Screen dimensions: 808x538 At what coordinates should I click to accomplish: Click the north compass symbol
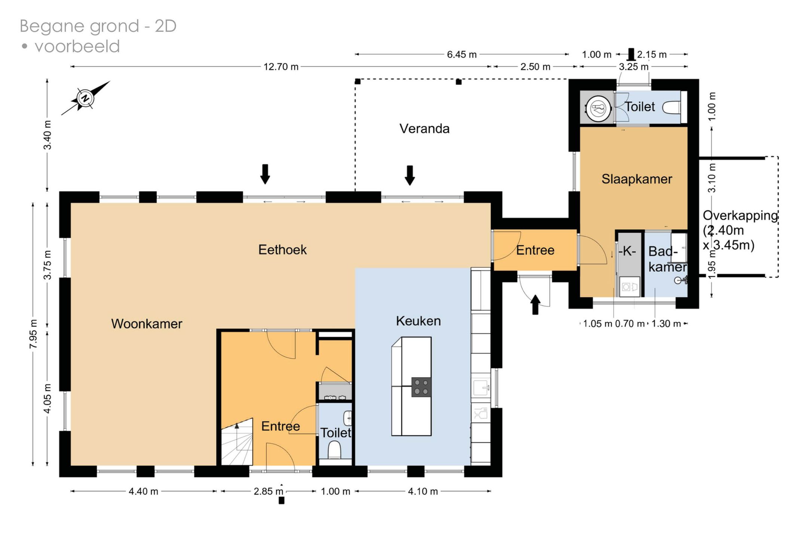pyautogui.click(x=85, y=98)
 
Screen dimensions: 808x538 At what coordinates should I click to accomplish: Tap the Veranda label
pyautogui.click(x=424, y=129)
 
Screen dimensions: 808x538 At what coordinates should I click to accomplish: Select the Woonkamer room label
pyautogui.click(x=147, y=324)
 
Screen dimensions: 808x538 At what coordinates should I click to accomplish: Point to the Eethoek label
pyautogui.click(x=282, y=250)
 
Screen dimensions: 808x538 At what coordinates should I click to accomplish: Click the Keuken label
pyautogui.click(x=418, y=321)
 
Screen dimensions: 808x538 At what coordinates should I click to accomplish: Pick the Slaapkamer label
pyautogui.click(x=637, y=179)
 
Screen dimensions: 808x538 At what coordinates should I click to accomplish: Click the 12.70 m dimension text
pyautogui.click(x=281, y=67)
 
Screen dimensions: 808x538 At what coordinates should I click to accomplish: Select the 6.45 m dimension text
pyautogui.click(x=462, y=55)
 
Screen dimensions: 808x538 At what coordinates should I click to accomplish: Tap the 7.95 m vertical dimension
pyautogui.click(x=33, y=334)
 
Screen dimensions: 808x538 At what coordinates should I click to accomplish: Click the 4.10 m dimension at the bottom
pyautogui.click(x=423, y=491)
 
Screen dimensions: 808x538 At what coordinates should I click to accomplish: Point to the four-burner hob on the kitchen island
pyautogui.click(x=421, y=387)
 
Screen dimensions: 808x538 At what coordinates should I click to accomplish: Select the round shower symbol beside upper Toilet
pyautogui.click(x=598, y=109)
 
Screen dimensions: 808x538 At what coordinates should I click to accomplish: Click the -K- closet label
pyautogui.click(x=627, y=251)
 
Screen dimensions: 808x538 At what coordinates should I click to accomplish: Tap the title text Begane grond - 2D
pyautogui.click(x=98, y=26)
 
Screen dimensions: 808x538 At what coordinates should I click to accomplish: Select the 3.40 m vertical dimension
pyautogui.click(x=48, y=135)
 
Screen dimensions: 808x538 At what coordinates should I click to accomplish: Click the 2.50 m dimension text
pyautogui.click(x=535, y=67)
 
